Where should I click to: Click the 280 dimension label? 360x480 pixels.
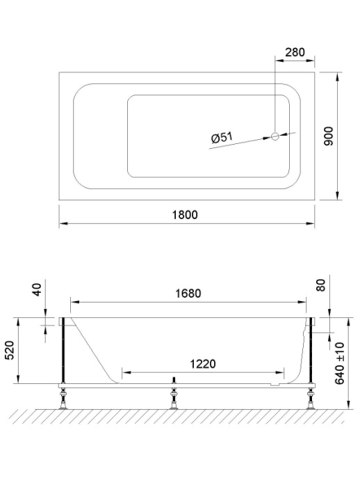click(x=295, y=53)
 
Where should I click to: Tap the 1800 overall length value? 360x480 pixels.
click(x=185, y=215)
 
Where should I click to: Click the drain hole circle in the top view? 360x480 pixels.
click(x=275, y=136)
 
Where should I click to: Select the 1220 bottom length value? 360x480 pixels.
click(x=202, y=364)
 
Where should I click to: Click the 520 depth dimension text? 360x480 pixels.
click(x=9, y=351)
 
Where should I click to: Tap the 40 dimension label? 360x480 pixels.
click(x=38, y=289)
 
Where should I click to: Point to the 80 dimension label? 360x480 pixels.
click(x=321, y=287)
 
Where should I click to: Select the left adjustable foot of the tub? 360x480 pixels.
click(x=64, y=399)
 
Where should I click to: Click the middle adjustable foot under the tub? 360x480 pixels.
click(x=174, y=399)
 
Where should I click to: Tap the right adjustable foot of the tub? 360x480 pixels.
click(x=310, y=399)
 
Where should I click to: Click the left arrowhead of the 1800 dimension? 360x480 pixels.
click(x=62, y=224)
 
